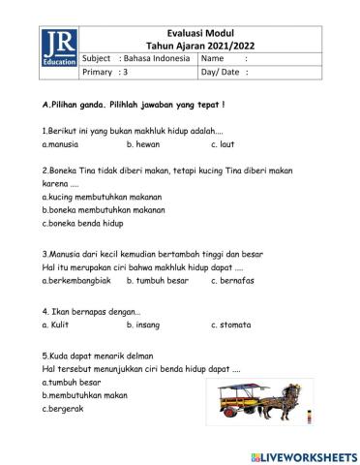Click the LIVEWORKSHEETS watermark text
click(x=309, y=453)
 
